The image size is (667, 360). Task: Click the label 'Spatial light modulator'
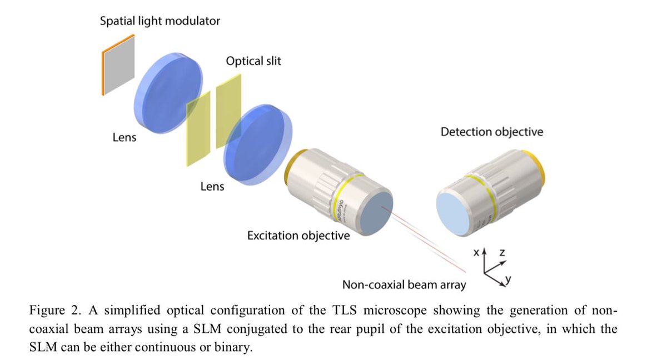160,22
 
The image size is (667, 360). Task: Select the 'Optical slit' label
253,61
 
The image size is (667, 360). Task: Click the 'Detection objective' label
491,132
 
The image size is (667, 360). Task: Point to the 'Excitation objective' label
298,236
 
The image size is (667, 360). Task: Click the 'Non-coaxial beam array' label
404,286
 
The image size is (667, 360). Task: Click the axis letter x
476,253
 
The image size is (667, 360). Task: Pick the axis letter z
502,253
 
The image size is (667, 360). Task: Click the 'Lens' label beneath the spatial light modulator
124,137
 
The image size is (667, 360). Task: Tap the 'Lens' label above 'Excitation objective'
212,187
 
